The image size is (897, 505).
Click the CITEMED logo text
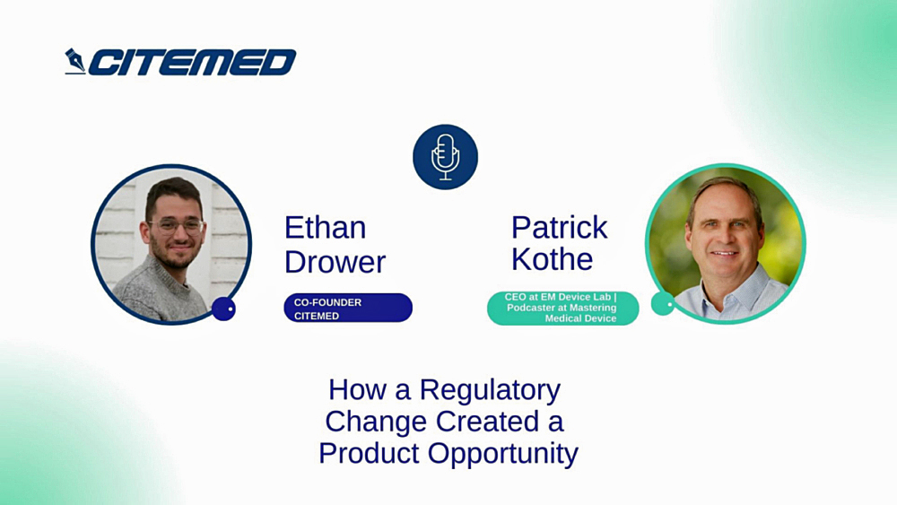point(192,62)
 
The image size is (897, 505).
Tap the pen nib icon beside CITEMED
point(75,61)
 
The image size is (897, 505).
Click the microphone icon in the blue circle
point(445,157)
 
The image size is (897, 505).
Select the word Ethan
point(325,227)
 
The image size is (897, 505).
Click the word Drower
point(335,262)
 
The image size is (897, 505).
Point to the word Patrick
point(559,227)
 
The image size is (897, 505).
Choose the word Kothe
point(552,259)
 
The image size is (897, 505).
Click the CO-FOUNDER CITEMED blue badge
point(348,309)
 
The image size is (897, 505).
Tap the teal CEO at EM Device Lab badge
point(562,308)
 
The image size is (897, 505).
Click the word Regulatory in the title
point(490,389)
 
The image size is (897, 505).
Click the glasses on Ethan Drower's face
point(175,224)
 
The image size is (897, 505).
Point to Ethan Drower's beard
point(174,254)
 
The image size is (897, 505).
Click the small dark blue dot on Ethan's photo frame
point(223,309)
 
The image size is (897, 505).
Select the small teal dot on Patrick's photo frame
point(663,304)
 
